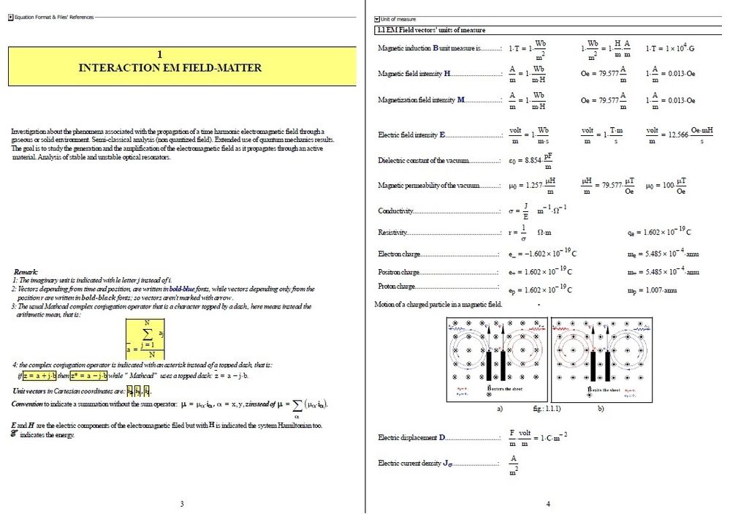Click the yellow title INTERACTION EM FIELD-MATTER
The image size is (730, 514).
coord(170,67)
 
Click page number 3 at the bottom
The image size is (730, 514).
coord(181,503)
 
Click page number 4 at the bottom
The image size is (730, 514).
coord(548,503)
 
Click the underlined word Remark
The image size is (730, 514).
coord(26,271)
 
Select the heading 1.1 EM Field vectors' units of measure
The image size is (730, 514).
coord(430,30)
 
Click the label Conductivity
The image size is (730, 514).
coord(396,211)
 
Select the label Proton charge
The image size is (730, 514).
coord(397,287)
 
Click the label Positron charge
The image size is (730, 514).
coord(399,272)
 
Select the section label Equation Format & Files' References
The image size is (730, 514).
coord(54,16)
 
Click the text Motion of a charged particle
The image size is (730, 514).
coord(438,303)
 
